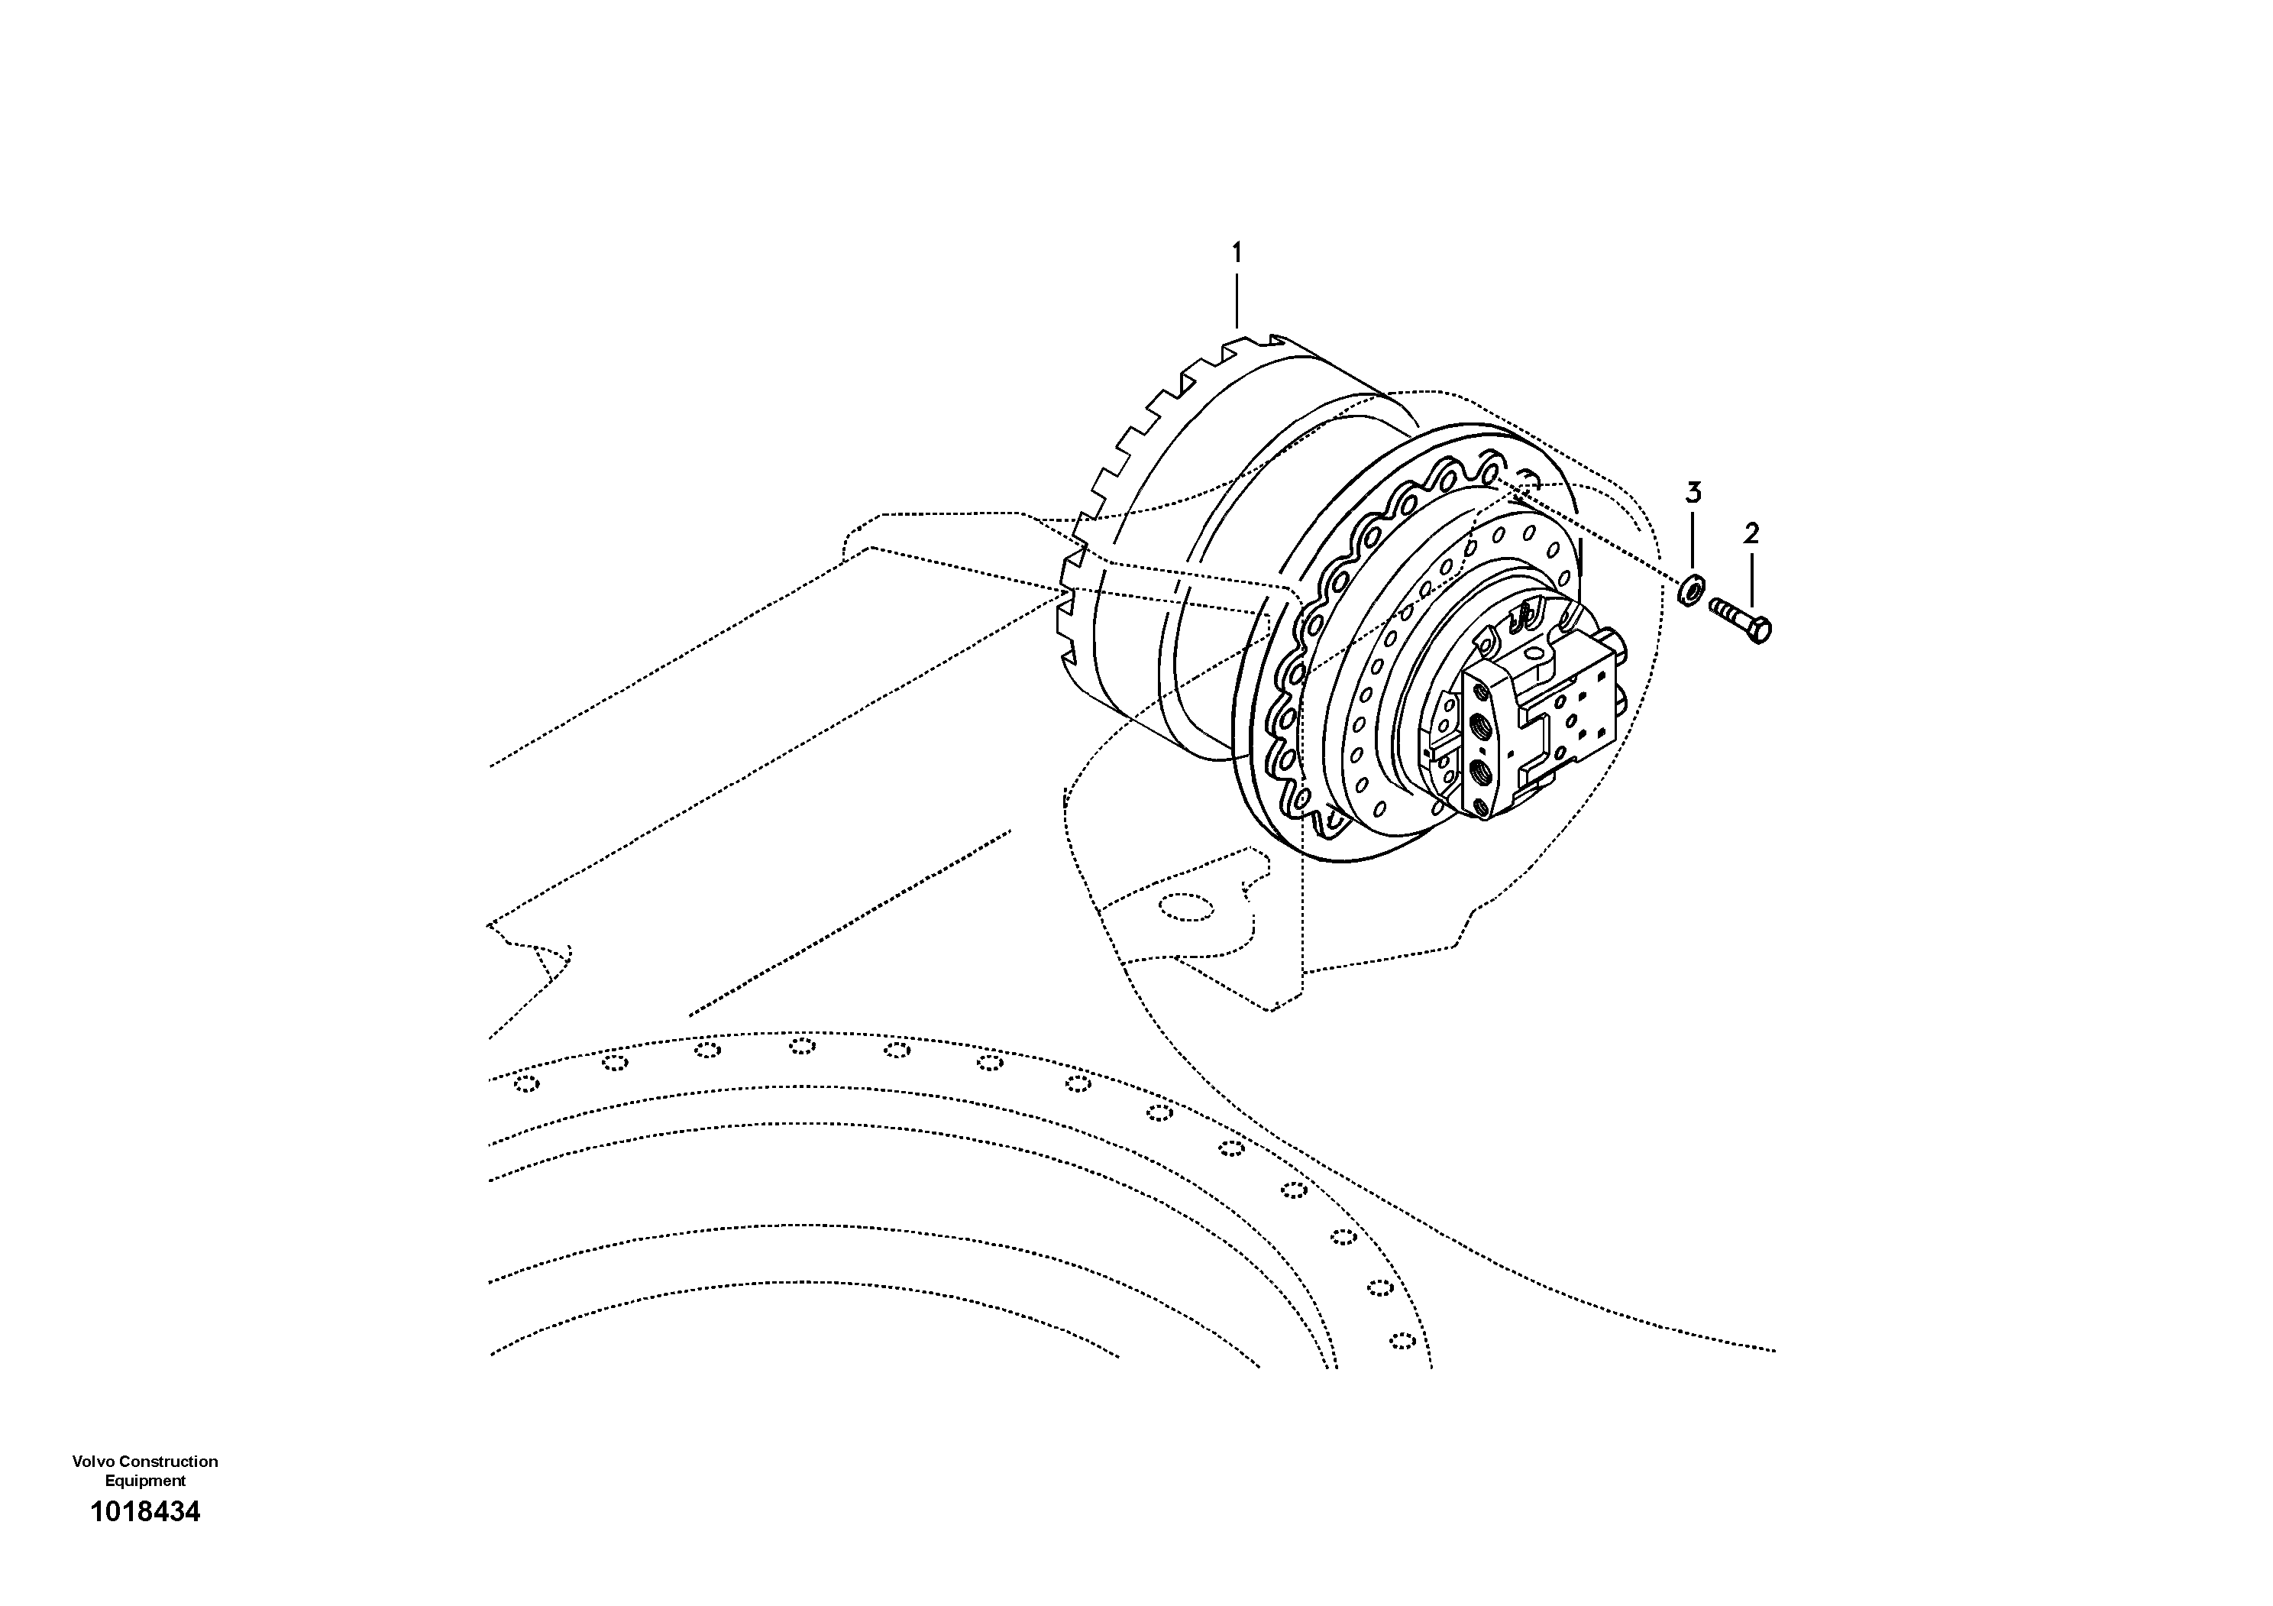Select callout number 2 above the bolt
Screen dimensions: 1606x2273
pos(1751,534)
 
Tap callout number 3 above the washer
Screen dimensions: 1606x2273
pos(1694,492)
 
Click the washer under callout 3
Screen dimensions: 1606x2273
pos(1692,592)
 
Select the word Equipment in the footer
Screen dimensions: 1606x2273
pos(146,1481)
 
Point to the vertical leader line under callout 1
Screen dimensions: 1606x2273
pos(1236,302)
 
